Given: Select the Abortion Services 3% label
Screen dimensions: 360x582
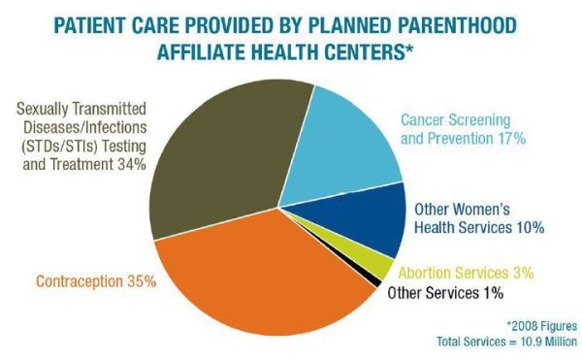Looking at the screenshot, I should click(467, 273).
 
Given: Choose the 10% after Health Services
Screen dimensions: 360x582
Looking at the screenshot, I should click(529, 227).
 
